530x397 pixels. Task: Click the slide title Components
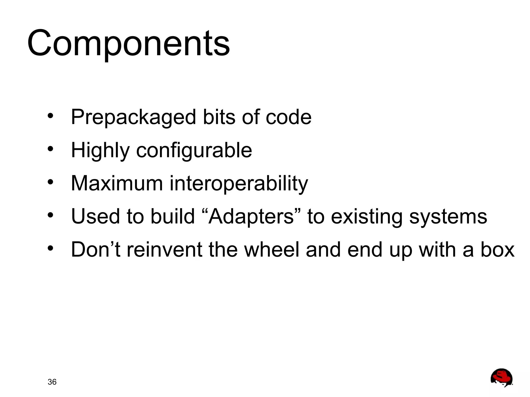pos(128,43)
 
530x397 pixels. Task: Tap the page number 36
pos(52,382)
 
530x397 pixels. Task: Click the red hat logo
pos(501,378)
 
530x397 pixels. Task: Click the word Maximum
pos(117,183)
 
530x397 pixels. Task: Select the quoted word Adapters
pos(251,216)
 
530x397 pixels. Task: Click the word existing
pos(367,217)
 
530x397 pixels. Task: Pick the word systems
pos(448,217)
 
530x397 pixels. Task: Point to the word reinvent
pos(164,250)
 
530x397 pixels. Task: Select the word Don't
pos(95,250)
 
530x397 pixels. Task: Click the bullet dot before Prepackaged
pos(50,116)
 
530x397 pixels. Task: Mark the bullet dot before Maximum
pos(50,182)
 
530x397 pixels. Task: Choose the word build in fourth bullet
pos(172,216)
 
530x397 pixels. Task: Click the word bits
pos(219,117)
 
